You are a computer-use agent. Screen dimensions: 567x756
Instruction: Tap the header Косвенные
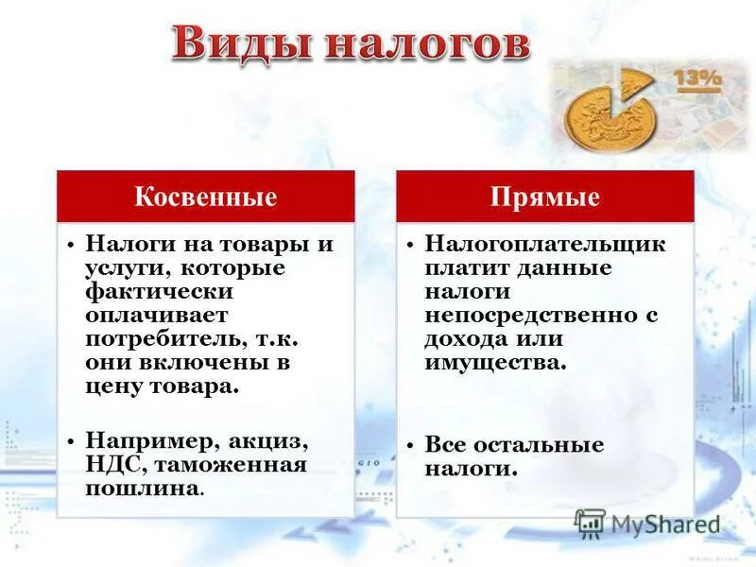[205, 197]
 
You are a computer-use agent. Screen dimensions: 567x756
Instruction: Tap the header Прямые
[545, 197]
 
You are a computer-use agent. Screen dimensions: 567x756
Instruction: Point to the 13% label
[697, 78]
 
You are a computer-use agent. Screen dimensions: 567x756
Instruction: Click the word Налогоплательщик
[545, 244]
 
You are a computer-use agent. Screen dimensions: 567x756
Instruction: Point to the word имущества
[494, 362]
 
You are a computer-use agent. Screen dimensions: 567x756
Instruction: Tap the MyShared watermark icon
[591, 523]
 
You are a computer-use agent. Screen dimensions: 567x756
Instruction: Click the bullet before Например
[71, 441]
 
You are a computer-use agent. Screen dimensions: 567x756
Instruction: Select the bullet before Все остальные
[410, 445]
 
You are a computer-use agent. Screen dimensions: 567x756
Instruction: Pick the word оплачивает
[155, 315]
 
